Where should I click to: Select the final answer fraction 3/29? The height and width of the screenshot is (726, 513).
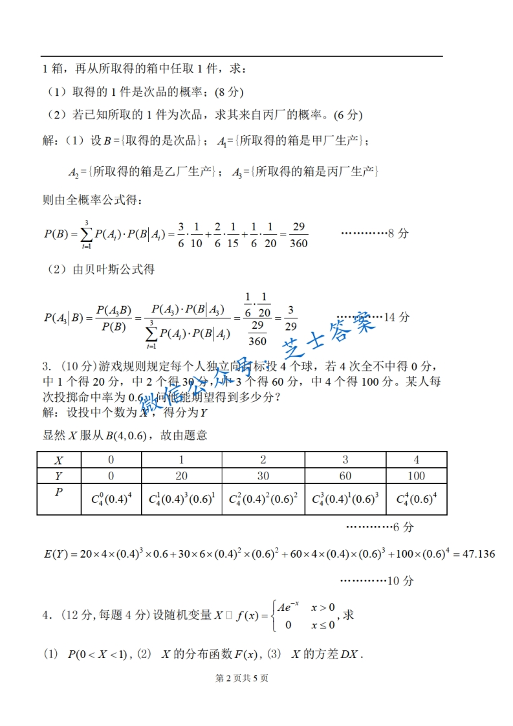[291, 318]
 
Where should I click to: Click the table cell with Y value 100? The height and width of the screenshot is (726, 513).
[417, 476]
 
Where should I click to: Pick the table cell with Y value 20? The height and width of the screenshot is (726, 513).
[181, 476]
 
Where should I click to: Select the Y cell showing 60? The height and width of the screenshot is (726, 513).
[345, 476]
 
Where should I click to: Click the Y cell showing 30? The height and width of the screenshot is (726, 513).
[263, 476]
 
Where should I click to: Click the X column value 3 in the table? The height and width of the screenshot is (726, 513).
[345, 459]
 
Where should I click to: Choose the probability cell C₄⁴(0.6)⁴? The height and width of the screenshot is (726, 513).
[417, 499]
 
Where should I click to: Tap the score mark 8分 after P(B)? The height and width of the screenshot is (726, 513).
[397, 234]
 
